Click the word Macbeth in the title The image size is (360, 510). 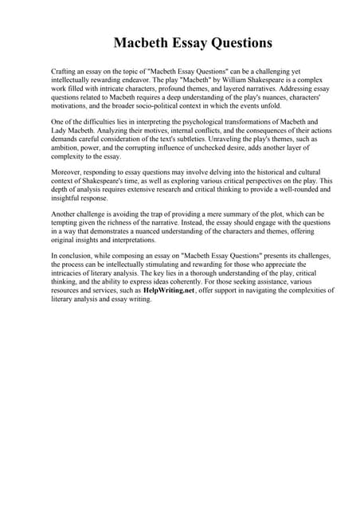(x=141, y=41)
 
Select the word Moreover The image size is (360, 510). (x=67, y=171)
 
